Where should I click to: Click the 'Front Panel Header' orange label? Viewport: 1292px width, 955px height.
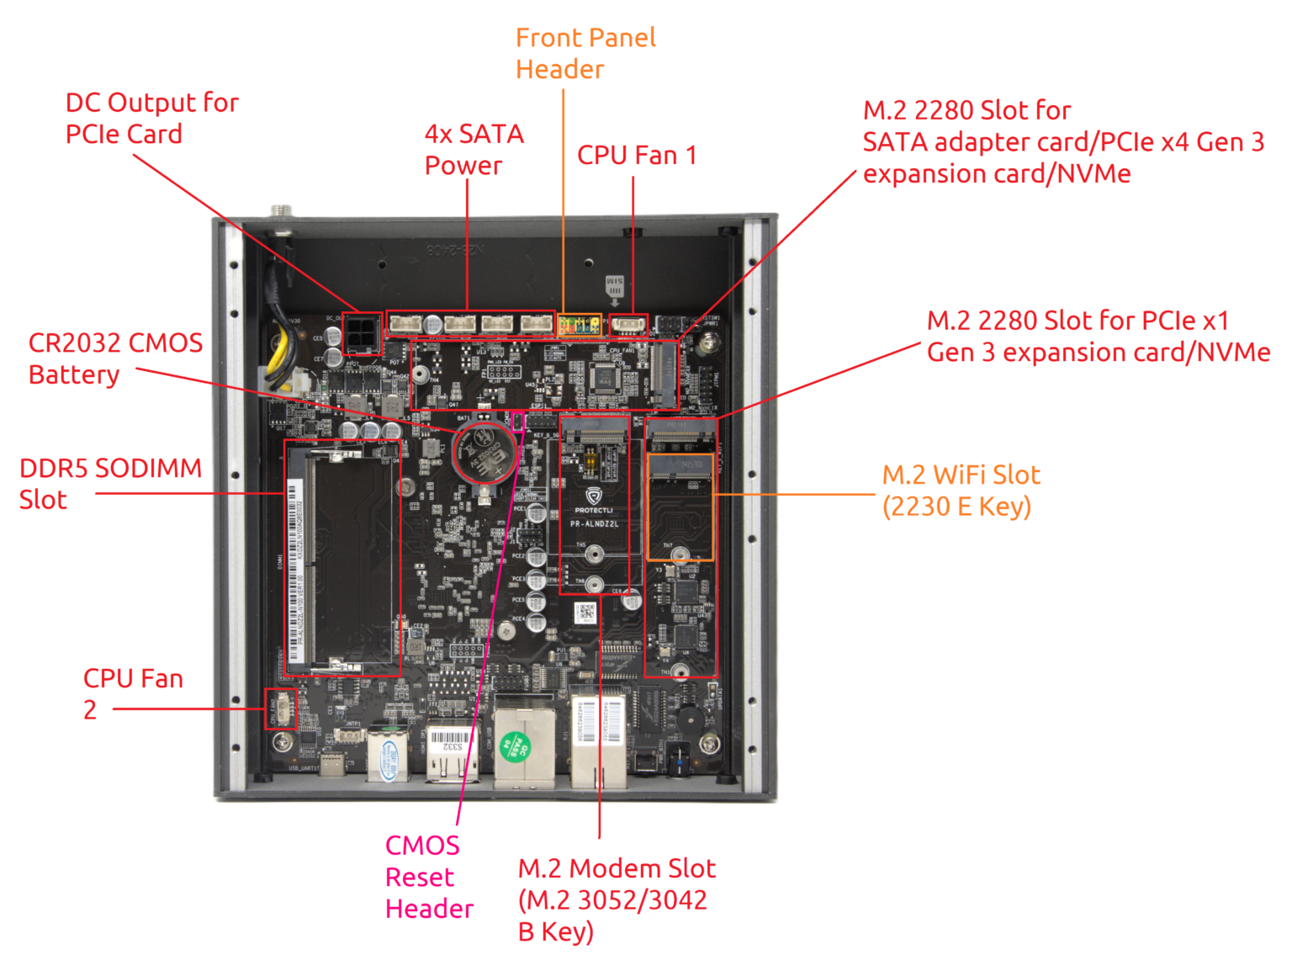tap(585, 53)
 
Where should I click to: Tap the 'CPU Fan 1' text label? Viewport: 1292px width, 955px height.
tap(636, 156)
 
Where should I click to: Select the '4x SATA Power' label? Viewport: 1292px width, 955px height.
tap(474, 150)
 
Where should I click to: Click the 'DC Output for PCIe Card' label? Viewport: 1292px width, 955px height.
tap(151, 118)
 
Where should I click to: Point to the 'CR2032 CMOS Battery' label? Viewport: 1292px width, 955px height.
tap(115, 358)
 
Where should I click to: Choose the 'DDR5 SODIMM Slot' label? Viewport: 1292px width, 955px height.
tap(110, 484)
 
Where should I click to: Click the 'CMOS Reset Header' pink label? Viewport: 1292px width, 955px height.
tap(428, 877)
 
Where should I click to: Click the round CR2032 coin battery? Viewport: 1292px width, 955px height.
tap(484, 453)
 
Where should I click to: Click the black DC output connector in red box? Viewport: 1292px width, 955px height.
tap(362, 334)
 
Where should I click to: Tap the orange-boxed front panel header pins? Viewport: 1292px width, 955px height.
tap(580, 324)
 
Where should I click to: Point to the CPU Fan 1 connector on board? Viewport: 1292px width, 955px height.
tap(627, 325)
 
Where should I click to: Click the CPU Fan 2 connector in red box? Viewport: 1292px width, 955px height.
tap(279, 709)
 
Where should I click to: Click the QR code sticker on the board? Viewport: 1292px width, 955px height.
tap(587, 613)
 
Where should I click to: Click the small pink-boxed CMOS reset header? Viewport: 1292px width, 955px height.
tap(517, 421)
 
